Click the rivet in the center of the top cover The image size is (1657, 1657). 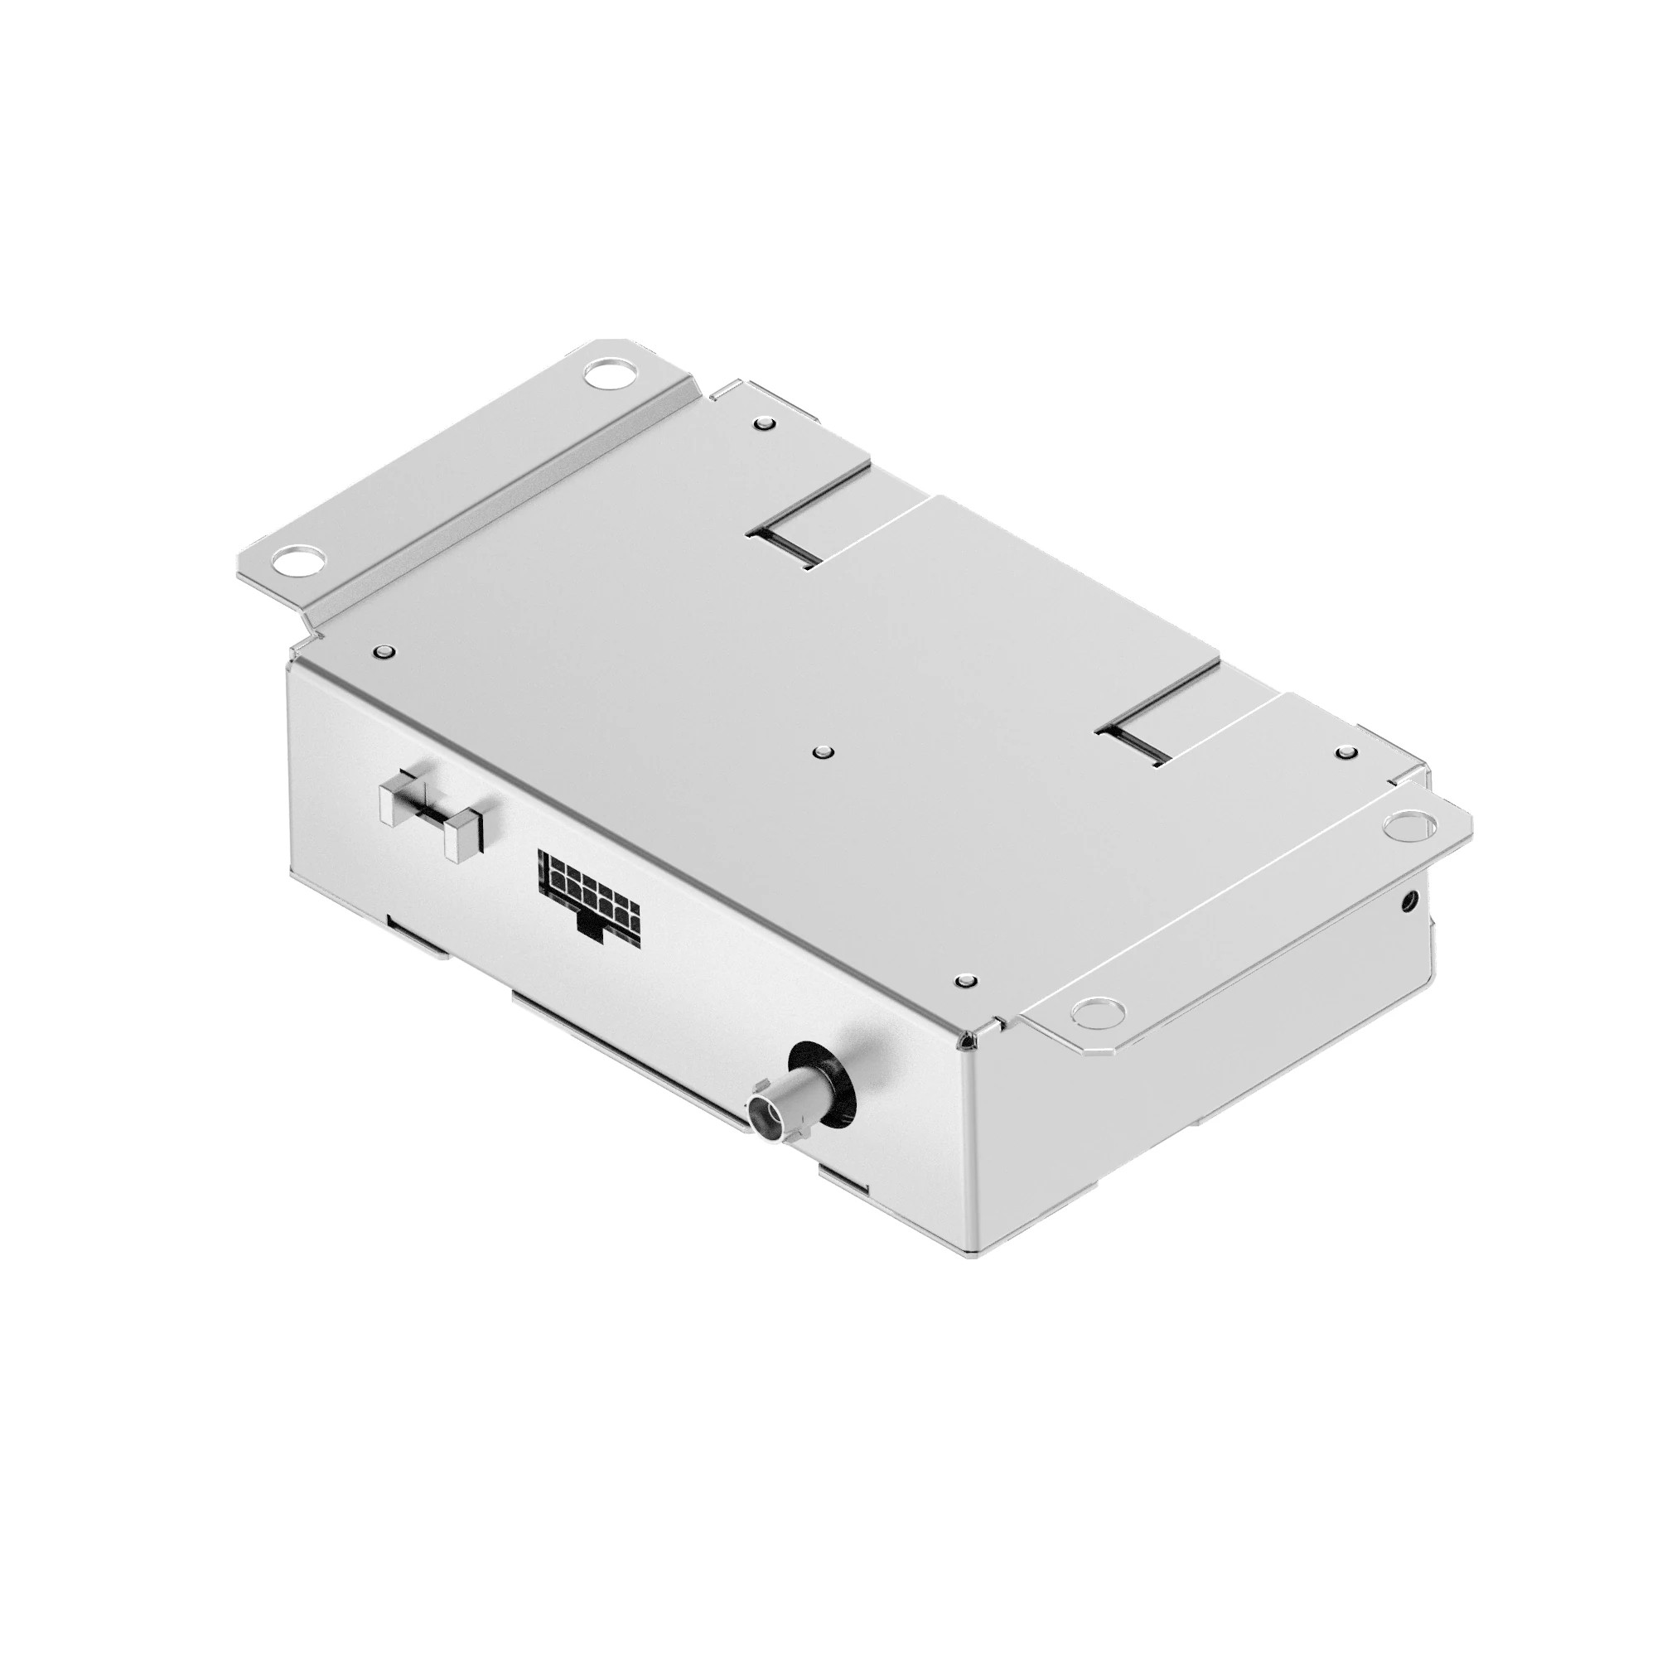coord(824,752)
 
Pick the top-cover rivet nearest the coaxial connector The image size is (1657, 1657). coord(968,978)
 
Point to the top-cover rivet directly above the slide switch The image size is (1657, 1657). coord(384,651)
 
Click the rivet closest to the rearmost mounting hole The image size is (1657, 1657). coord(764,423)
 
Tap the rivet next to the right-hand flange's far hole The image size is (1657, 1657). coord(1345,754)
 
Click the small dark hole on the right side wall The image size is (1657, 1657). coord(1408,901)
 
